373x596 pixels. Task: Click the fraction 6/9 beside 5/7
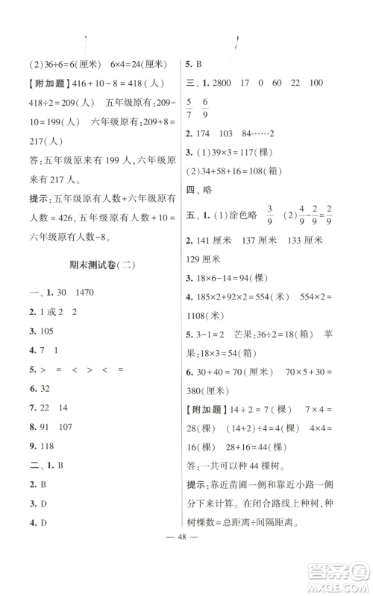coord(226,111)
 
